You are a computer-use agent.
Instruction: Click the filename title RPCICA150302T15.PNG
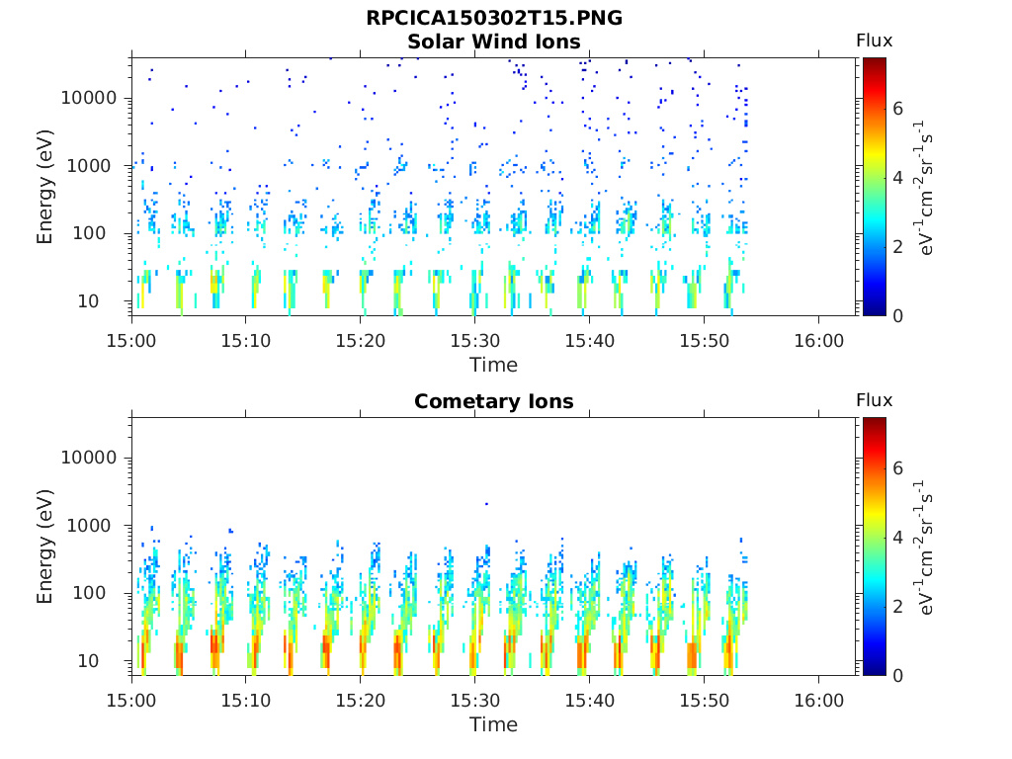(x=494, y=18)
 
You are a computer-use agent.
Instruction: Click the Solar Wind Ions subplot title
(x=494, y=42)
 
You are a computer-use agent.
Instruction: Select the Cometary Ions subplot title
(x=494, y=401)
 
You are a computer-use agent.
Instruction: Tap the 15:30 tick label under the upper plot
(x=475, y=341)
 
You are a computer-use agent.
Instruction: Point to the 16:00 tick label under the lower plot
(x=818, y=701)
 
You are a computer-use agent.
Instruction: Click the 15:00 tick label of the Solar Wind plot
(x=131, y=341)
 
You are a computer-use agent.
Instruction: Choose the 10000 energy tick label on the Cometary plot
(x=89, y=458)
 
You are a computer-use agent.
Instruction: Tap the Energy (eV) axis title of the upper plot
(x=44, y=187)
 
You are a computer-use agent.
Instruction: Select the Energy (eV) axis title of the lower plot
(x=44, y=547)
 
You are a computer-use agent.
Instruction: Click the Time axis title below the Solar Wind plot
(x=494, y=366)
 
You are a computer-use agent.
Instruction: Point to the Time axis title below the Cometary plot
(x=494, y=724)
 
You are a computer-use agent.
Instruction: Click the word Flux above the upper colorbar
(x=874, y=41)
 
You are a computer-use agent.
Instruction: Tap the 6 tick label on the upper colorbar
(x=897, y=109)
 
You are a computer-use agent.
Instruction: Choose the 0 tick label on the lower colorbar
(x=897, y=676)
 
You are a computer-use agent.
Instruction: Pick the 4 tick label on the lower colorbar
(x=897, y=537)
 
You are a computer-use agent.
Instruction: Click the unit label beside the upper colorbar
(x=924, y=188)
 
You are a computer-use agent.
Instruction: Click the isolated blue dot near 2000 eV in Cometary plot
(x=486, y=504)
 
